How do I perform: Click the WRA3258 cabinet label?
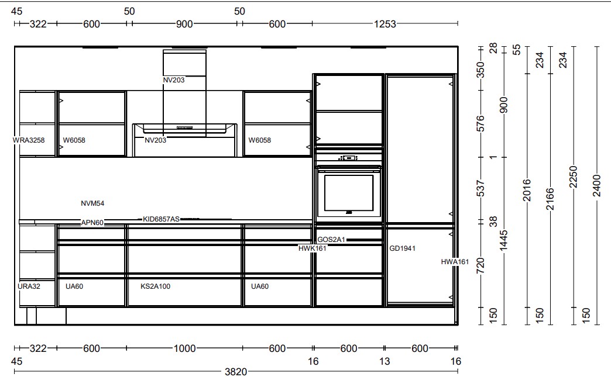(29, 140)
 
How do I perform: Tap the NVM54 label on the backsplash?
(92, 203)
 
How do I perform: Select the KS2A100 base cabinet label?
(155, 286)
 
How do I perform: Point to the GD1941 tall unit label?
(402, 248)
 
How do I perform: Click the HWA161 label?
(455, 262)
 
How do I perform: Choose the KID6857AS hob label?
(161, 219)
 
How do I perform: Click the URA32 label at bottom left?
(29, 286)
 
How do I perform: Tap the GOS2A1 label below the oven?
(331, 240)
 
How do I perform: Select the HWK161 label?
(312, 248)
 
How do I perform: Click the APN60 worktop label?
(92, 223)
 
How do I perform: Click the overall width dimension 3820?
(236, 372)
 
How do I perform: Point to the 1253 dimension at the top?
(385, 24)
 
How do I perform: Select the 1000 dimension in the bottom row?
(184, 348)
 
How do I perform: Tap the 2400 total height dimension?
(597, 186)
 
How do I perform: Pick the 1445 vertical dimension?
(503, 241)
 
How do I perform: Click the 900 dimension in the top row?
(184, 24)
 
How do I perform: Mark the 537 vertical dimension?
(481, 188)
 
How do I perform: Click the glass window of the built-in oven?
(349, 192)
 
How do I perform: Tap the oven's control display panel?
(349, 158)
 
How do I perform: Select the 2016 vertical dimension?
(527, 190)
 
